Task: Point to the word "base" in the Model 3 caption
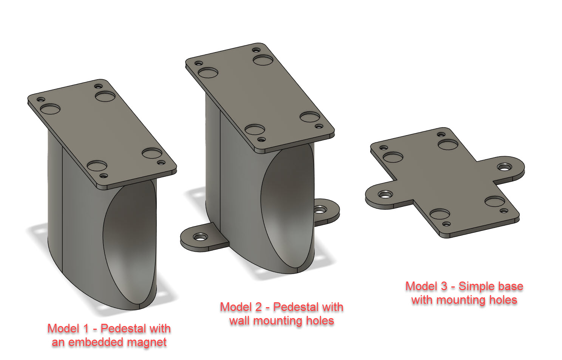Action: click(x=511, y=286)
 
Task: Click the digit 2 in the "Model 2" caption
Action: click(x=258, y=307)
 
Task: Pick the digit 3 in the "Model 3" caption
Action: click(x=444, y=286)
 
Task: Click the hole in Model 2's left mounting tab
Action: click(x=200, y=237)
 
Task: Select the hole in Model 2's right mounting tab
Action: click(x=320, y=209)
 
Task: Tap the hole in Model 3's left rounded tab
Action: click(x=385, y=195)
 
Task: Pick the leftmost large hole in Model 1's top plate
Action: click(x=50, y=110)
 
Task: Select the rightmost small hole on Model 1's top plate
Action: click(x=161, y=163)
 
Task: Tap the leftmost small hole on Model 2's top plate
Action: click(x=199, y=63)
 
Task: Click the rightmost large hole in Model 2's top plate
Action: click(x=310, y=117)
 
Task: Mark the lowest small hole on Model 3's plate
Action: click(x=446, y=224)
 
